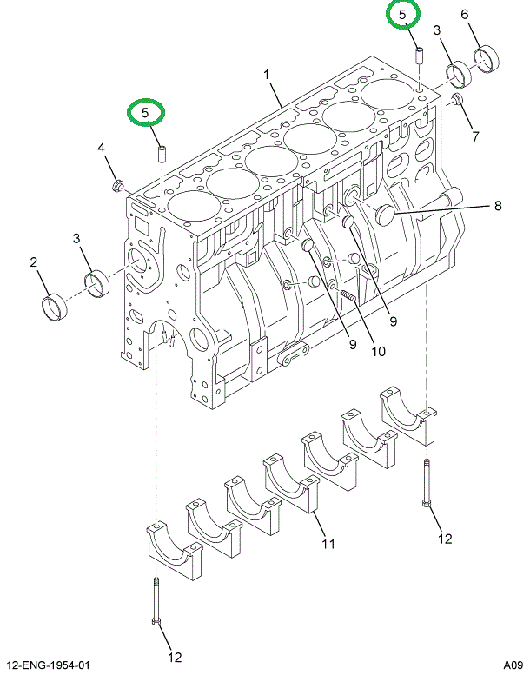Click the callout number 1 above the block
268,76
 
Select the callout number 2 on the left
34,261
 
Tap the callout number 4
102,149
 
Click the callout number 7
475,136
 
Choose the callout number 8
498,206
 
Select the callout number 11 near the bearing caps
328,545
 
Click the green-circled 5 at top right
402,14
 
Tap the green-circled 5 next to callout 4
146,112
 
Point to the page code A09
513,665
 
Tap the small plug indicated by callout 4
120,185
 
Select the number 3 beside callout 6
437,31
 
